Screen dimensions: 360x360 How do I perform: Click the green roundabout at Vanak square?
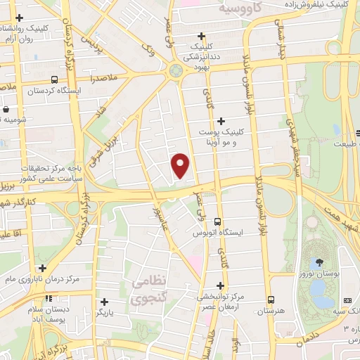coord(175,71)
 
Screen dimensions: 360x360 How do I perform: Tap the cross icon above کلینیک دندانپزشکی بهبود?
coord(202,35)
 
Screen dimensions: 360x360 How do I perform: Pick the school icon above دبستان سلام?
coord(48,298)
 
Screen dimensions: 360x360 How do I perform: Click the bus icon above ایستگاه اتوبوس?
coord(218,221)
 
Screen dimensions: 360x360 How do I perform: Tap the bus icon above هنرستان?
coord(271,298)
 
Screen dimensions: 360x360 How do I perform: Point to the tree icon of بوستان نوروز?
coord(320,262)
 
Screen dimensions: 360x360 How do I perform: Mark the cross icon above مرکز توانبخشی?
coord(221,285)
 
